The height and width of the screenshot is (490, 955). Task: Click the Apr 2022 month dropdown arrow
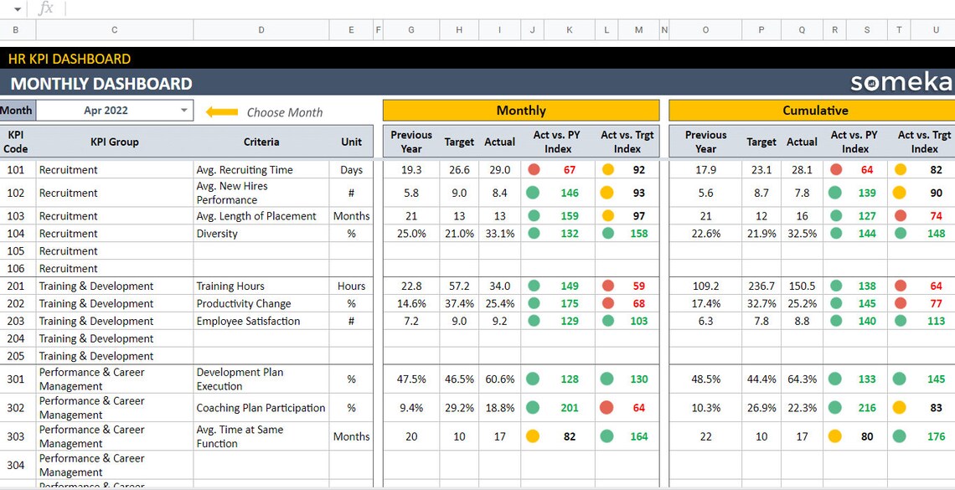coord(184,111)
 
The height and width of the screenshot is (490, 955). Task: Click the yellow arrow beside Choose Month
coord(222,111)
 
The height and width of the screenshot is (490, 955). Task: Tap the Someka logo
coord(901,82)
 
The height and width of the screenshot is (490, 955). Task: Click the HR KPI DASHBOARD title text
coord(70,59)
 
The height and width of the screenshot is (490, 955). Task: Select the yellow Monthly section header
coord(520,111)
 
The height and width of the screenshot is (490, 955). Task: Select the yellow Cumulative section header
coord(814,111)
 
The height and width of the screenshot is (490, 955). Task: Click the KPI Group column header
coord(115,142)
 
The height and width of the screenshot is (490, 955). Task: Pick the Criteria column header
coord(261,142)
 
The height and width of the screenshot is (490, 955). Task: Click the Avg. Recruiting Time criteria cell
coord(245,170)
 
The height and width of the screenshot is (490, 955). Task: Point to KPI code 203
coord(16,321)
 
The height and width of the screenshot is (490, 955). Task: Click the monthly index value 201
coord(570,408)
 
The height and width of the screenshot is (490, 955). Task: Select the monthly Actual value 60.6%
coord(499,379)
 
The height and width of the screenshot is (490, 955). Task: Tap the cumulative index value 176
coord(936,436)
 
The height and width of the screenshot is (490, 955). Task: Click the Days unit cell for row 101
coord(351,170)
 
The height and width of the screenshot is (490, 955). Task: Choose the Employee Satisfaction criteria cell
coord(248,321)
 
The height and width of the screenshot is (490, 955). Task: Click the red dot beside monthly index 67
coord(534,170)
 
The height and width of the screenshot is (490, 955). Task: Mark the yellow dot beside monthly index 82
coord(532,436)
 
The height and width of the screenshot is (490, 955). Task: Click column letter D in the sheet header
coord(261,30)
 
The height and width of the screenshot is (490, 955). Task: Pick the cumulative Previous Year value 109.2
coord(705,286)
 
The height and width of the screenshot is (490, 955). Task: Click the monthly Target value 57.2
coord(459,286)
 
